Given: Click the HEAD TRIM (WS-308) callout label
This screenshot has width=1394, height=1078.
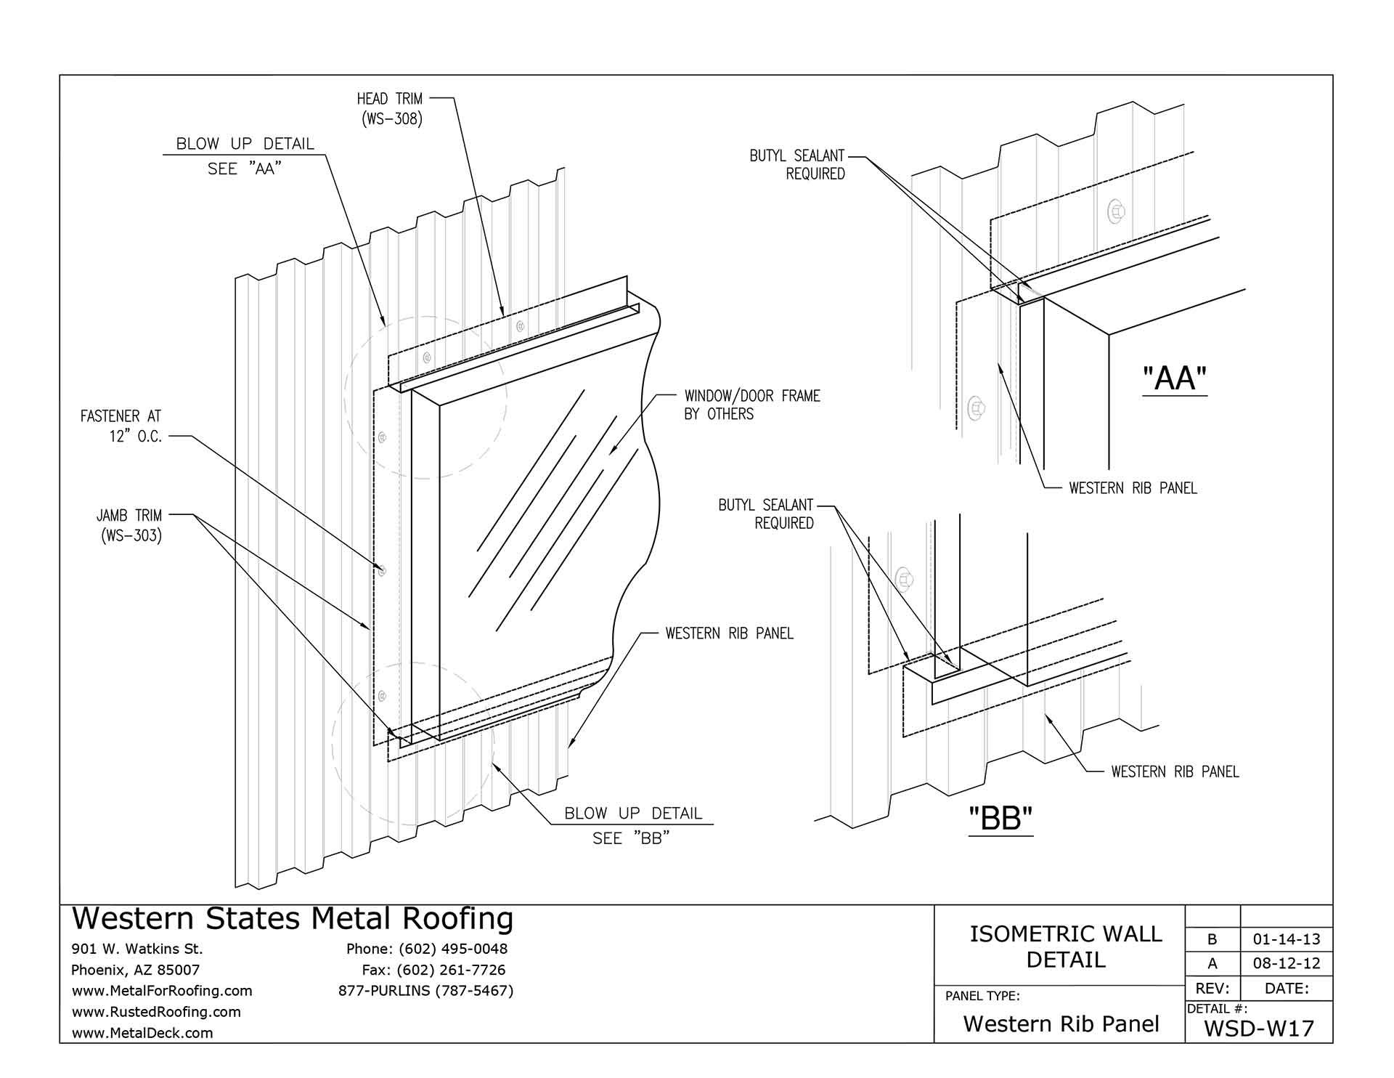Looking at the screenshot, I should pos(389,109).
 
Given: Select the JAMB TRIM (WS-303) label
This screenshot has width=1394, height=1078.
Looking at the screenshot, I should pos(129,526).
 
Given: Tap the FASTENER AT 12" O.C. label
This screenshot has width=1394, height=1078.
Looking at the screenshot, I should pos(121,426).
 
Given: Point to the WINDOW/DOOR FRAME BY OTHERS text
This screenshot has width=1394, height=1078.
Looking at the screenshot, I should pos(751,405).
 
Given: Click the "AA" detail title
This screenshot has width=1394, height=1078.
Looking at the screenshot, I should pos(1174,378).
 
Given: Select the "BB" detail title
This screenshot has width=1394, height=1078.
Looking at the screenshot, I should pos(1000,819).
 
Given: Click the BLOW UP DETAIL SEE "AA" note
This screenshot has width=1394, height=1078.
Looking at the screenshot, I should pos(245,155).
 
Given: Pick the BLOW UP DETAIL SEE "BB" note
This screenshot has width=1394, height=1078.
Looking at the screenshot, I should pos(633,825).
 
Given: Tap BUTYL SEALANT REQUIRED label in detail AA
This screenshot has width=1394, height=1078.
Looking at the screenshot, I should pos(797,164).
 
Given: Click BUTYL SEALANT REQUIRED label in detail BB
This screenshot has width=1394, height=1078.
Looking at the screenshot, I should pos(766,514).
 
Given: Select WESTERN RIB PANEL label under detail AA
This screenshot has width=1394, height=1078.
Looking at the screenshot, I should pos(1133,488).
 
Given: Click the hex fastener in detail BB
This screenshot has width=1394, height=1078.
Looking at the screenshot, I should pos(905,579).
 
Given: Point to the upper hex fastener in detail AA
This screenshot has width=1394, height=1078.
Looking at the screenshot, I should pos(1116,212).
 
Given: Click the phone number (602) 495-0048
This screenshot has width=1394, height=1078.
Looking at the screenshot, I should pos(427,949).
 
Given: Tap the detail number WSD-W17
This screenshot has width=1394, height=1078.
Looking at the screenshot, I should pos(1259,1029).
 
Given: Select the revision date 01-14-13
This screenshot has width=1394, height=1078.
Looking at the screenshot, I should pos(1287,939).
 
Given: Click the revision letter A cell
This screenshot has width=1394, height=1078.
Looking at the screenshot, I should pos(1212,964).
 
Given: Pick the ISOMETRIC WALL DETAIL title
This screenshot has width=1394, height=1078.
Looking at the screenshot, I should pos(1066,947).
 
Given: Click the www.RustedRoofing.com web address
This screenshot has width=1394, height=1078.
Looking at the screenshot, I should pos(156,1011).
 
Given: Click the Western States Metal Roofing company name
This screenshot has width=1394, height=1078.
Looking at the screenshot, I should pos(293,919).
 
